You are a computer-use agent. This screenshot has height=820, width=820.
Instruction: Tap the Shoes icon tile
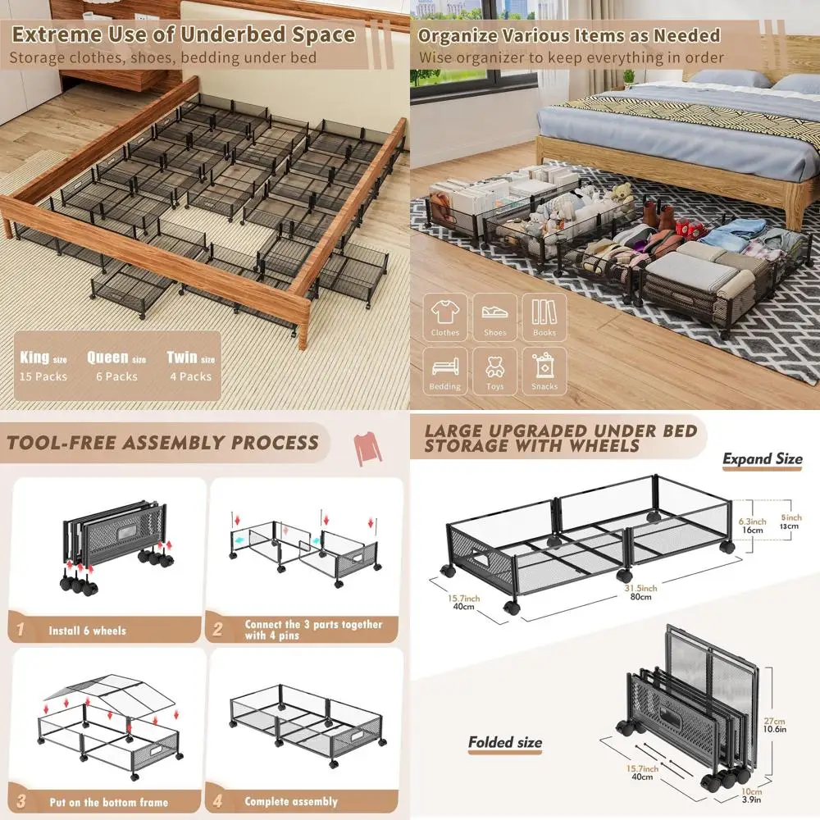coord(494,317)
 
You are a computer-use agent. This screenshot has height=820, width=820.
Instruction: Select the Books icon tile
coord(544,317)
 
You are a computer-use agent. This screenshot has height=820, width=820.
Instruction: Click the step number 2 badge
coord(217,630)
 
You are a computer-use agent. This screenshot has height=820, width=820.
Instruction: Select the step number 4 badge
coord(217,801)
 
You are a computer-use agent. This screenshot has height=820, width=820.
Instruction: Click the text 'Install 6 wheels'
coord(88,631)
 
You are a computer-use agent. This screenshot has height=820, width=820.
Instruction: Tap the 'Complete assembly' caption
coord(291,801)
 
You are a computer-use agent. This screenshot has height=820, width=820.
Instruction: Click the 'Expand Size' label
coord(762,459)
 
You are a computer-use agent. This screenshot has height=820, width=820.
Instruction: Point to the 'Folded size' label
coord(505,743)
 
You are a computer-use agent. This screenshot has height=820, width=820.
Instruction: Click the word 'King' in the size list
coord(35,358)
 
